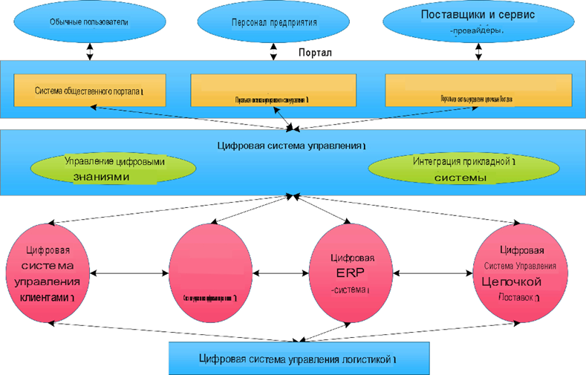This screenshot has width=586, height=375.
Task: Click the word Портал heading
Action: point(314,54)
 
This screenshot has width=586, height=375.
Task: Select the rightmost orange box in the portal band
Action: point(478,91)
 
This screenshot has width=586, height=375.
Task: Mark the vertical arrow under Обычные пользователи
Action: point(91,51)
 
